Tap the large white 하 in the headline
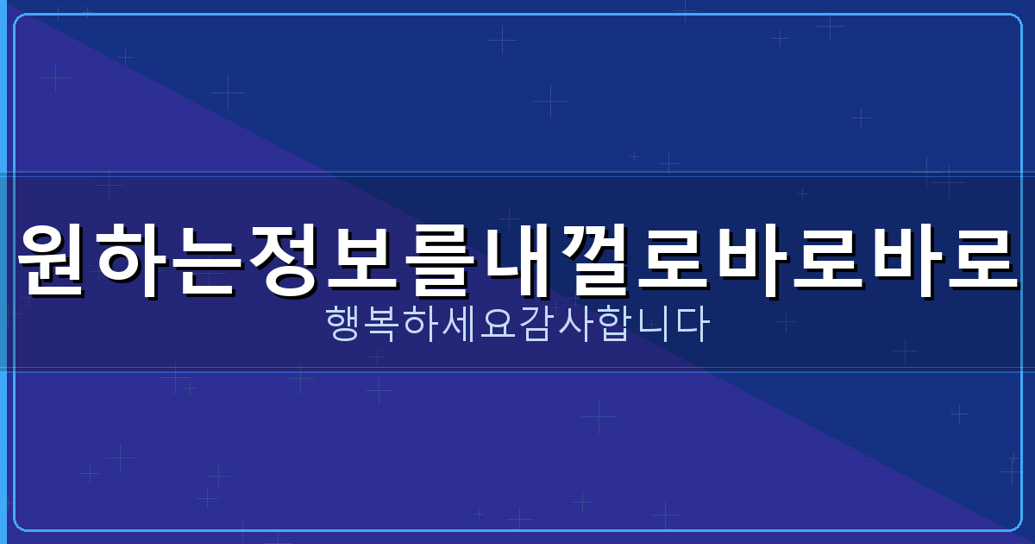click(x=132, y=260)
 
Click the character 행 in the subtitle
click(x=346, y=326)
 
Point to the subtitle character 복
click(x=384, y=326)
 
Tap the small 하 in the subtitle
click(x=422, y=326)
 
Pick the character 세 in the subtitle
click(x=460, y=326)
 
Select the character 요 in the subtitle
click(x=499, y=326)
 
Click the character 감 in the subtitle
click(x=536, y=326)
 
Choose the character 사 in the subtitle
click(x=574, y=326)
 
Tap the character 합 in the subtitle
click(x=612, y=326)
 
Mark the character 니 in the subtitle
click(x=651, y=326)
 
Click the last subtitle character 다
click(x=689, y=326)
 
